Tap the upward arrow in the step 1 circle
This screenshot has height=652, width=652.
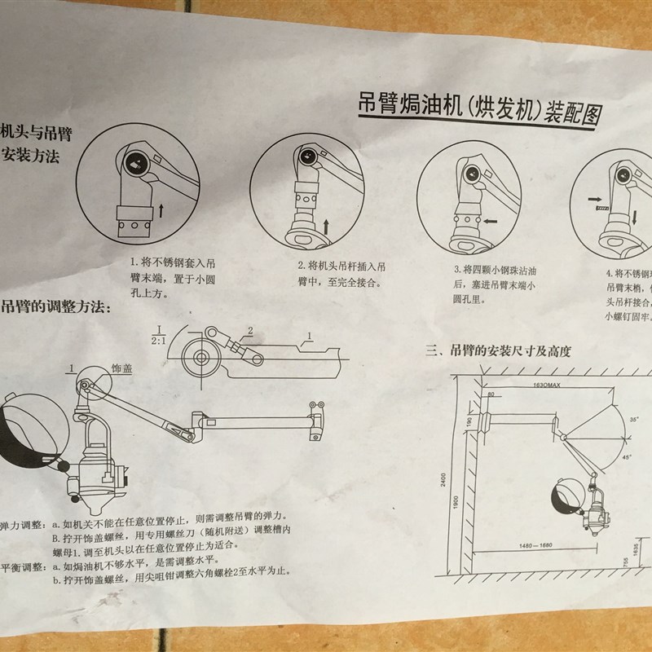(162, 211)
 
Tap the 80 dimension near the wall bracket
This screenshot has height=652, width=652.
(491, 393)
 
